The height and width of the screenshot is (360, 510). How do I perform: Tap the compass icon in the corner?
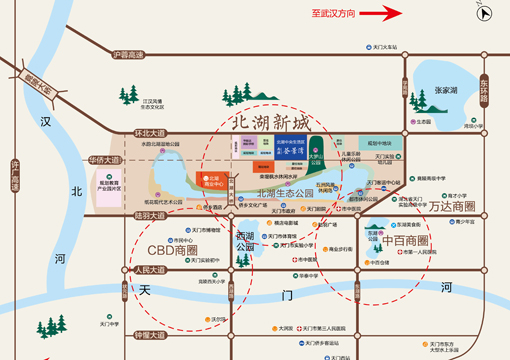486,13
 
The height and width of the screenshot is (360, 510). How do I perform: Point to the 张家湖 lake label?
446,90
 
